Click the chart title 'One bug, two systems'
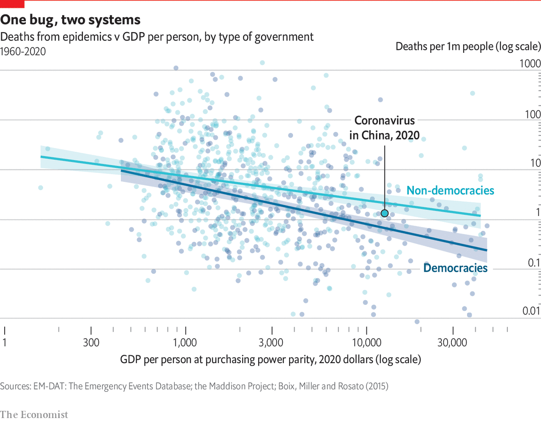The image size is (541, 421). pos(70,20)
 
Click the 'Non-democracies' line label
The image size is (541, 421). pos(450,191)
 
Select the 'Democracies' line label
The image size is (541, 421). pos(455,268)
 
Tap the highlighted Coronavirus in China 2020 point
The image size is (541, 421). pos(385,213)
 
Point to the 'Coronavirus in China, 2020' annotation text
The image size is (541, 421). pos(384,128)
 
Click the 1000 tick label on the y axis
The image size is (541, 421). pos(530,63)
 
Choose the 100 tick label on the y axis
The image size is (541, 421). pos(533,114)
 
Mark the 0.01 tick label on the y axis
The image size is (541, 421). pos(531,311)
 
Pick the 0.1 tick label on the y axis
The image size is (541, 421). pos(534,262)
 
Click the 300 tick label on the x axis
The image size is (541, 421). pos(91,342)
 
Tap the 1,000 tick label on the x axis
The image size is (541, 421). pos(185,342)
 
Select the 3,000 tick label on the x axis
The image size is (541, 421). pos(271,342)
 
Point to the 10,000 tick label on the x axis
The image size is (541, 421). pos(366,342)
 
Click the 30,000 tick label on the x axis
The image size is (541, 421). pos(452,342)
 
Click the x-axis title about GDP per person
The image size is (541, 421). pos(270,360)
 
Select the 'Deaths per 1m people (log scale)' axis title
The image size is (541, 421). pos(468,46)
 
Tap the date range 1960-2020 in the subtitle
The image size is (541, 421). pos(23,52)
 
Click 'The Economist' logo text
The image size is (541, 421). pos(34,414)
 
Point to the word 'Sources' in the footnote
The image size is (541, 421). pos(15,386)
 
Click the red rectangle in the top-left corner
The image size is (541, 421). pos(12,4)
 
